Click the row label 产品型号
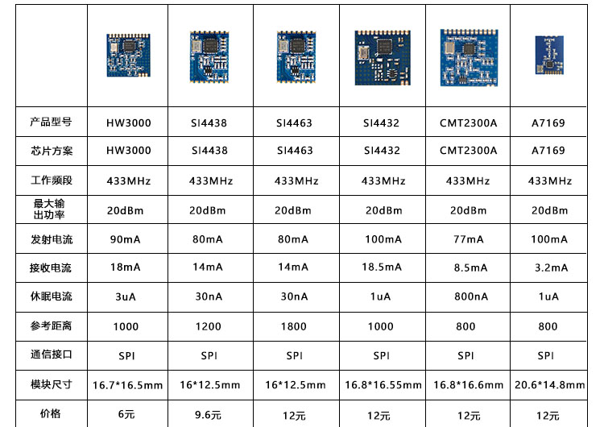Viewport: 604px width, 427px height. (x=51, y=122)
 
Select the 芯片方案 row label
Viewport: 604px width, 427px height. (x=52, y=151)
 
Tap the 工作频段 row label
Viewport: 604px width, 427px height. (x=52, y=180)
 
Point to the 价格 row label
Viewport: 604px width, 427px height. (x=51, y=414)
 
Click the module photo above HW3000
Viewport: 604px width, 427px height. (x=128, y=55)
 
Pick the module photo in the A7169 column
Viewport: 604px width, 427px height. (x=549, y=55)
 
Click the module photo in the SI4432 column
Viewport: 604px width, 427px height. (x=383, y=57)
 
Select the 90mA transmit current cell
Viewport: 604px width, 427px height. (x=125, y=239)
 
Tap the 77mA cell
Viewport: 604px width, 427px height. (x=469, y=239)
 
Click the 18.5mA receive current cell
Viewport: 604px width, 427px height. (x=382, y=267)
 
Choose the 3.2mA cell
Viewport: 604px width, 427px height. (x=551, y=267)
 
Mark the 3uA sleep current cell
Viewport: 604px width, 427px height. (x=126, y=296)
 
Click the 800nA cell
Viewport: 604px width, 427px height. (x=471, y=296)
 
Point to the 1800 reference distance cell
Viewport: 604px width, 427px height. (x=293, y=326)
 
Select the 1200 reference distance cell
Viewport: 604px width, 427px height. (x=208, y=326)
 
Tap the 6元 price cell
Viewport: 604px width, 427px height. (x=126, y=414)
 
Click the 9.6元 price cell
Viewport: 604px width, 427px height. (x=208, y=415)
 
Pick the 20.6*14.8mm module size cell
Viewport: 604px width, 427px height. (x=550, y=384)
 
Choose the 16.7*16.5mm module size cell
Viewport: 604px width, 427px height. (x=127, y=385)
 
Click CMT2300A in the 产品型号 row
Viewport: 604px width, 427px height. (x=469, y=123)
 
